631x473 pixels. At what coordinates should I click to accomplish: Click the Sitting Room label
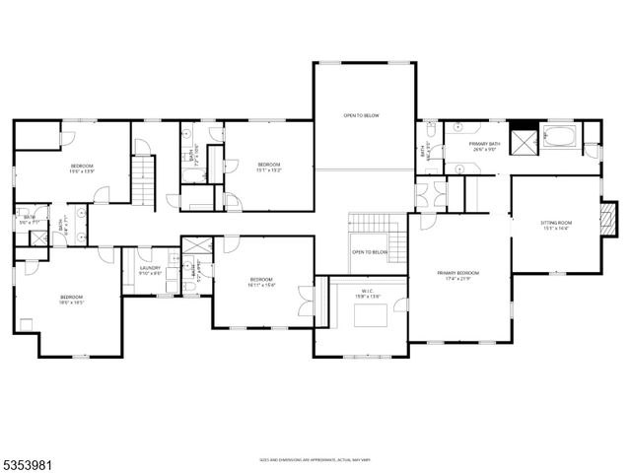click(556, 226)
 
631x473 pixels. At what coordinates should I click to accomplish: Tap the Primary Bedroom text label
click(458, 275)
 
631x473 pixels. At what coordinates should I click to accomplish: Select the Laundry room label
click(150, 271)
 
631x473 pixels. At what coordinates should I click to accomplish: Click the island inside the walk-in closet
click(370, 315)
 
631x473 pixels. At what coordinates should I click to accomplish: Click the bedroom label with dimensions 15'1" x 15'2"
click(269, 167)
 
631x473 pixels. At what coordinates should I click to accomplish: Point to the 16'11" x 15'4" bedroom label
click(261, 281)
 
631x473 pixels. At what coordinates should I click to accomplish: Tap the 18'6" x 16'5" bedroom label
click(71, 300)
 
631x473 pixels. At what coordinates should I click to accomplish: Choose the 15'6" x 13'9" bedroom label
click(81, 168)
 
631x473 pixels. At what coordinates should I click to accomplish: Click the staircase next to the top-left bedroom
click(145, 183)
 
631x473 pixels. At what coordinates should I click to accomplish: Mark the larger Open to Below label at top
click(361, 115)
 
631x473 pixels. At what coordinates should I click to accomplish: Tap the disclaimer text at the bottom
click(315, 458)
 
